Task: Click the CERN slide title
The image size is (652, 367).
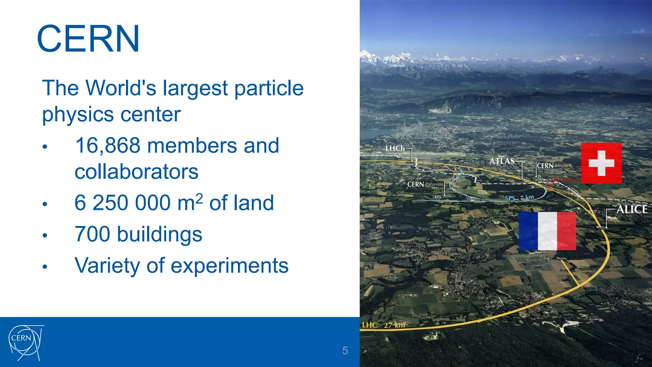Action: [x=88, y=39]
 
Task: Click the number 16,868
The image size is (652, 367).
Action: [x=108, y=146]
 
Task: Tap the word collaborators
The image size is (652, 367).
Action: [x=136, y=172]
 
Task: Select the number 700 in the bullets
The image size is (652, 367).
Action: [x=92, y=234]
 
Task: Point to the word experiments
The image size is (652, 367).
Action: [x=229, y=266]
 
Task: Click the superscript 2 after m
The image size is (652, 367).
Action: [x=199, y=198]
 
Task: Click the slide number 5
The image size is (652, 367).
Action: [x=345, y=350]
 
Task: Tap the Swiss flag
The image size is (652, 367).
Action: [x=601, y=163]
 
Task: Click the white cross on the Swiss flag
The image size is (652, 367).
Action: [x=601, y=163]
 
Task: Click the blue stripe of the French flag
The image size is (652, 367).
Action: [x=528, y=231]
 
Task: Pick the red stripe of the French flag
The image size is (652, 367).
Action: [x=567, y=231]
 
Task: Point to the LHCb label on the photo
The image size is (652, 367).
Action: [x=395, y=148]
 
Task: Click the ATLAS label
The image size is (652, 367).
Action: [x=502, y=161]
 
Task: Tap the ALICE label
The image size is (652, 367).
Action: [x=632, y=209]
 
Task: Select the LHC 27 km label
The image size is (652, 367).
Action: [x=384, y=325]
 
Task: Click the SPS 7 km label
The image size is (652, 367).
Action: [x=519, y=198]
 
